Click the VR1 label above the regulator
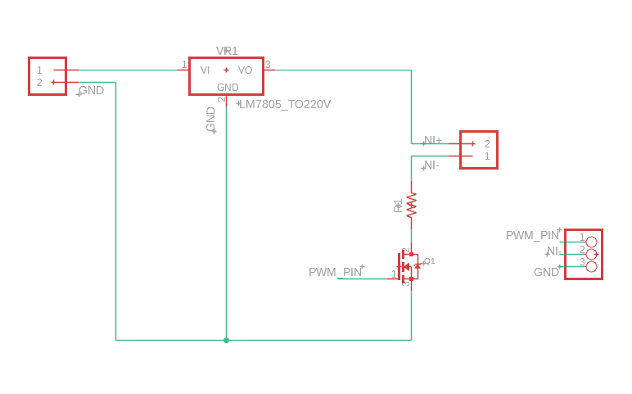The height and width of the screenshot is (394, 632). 227,51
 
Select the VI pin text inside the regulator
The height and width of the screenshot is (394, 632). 205,70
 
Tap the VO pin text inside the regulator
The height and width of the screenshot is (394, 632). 245,70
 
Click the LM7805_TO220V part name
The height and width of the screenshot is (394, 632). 285,104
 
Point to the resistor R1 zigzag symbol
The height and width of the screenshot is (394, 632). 411,204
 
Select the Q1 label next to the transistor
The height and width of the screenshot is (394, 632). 429,260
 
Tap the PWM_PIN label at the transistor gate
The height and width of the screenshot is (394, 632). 335,272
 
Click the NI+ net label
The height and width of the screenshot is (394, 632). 432,140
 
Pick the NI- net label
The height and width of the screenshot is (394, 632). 431,165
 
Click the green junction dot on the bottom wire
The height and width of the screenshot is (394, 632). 227,340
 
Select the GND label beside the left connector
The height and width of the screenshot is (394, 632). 91,90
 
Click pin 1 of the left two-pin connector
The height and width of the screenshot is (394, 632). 39,70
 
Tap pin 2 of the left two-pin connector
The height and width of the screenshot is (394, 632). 39,82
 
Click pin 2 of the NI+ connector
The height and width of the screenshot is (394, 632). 487,143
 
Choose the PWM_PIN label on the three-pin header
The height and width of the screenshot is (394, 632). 532,235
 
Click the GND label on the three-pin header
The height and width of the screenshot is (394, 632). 546,272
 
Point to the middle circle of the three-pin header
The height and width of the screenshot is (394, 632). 591,254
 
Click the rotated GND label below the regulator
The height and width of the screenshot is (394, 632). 211,119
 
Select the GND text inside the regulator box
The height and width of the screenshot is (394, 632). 228,88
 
